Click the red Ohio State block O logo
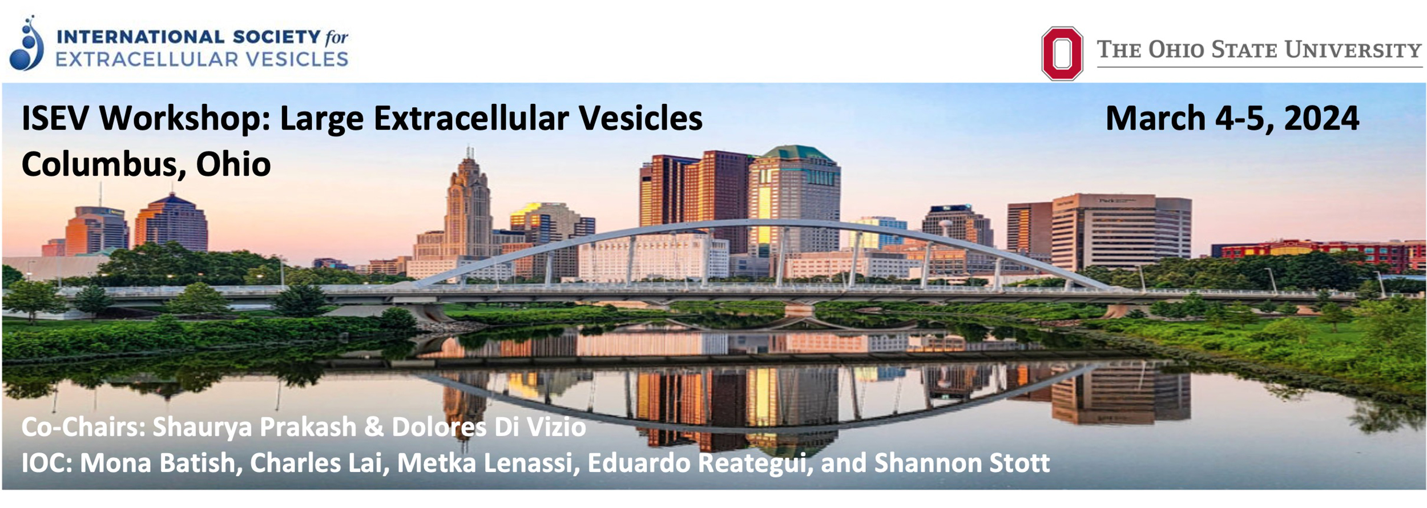pyautogui.click(x=1062, y=53)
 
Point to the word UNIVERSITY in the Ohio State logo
pyautogui.click(x=1353, y=50)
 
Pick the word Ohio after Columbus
pyautogui.click(x=233, y=164)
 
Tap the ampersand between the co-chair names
pyautogui.click(x=373, y=427)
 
